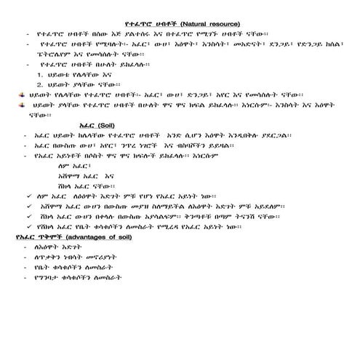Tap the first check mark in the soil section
point(26,196)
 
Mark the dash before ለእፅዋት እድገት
point(27,248)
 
